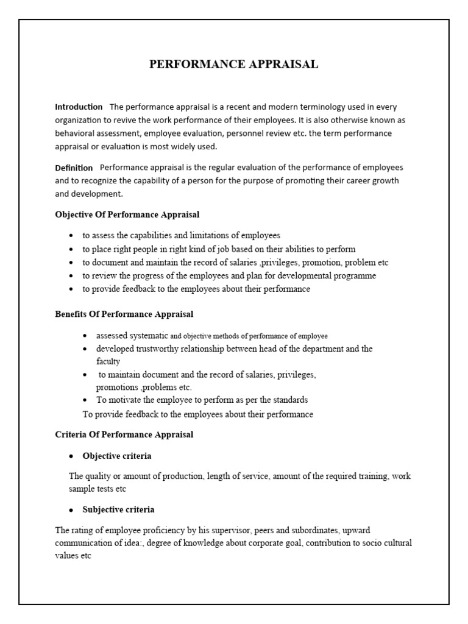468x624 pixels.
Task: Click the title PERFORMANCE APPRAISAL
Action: pyautogui.click(x=234, y=65)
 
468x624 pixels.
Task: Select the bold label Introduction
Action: pyautogui.click(x=79, y=107)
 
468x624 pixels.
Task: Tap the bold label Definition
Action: pyautogui.click(x=74, y=168)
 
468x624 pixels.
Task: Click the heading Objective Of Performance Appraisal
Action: pyautogui.click(x=127, y=214)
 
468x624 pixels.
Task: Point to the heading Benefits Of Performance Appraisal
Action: pyautogui.click(x=124, y=314)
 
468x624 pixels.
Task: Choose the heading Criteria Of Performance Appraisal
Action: pyautogui.click(x=124, y=434)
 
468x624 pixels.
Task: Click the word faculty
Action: pyautogui.click(x=108, y=361)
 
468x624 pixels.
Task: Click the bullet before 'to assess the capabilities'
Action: pyautogui.click(x=71, y=236)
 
